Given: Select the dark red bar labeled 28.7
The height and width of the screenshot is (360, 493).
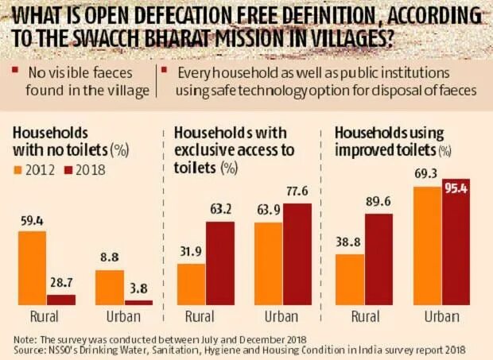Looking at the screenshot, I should tap(60, 300).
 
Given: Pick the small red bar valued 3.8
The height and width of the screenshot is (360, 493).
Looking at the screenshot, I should tap(138, 303).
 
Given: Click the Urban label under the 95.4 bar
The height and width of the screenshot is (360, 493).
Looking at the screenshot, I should tap(443, 315).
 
